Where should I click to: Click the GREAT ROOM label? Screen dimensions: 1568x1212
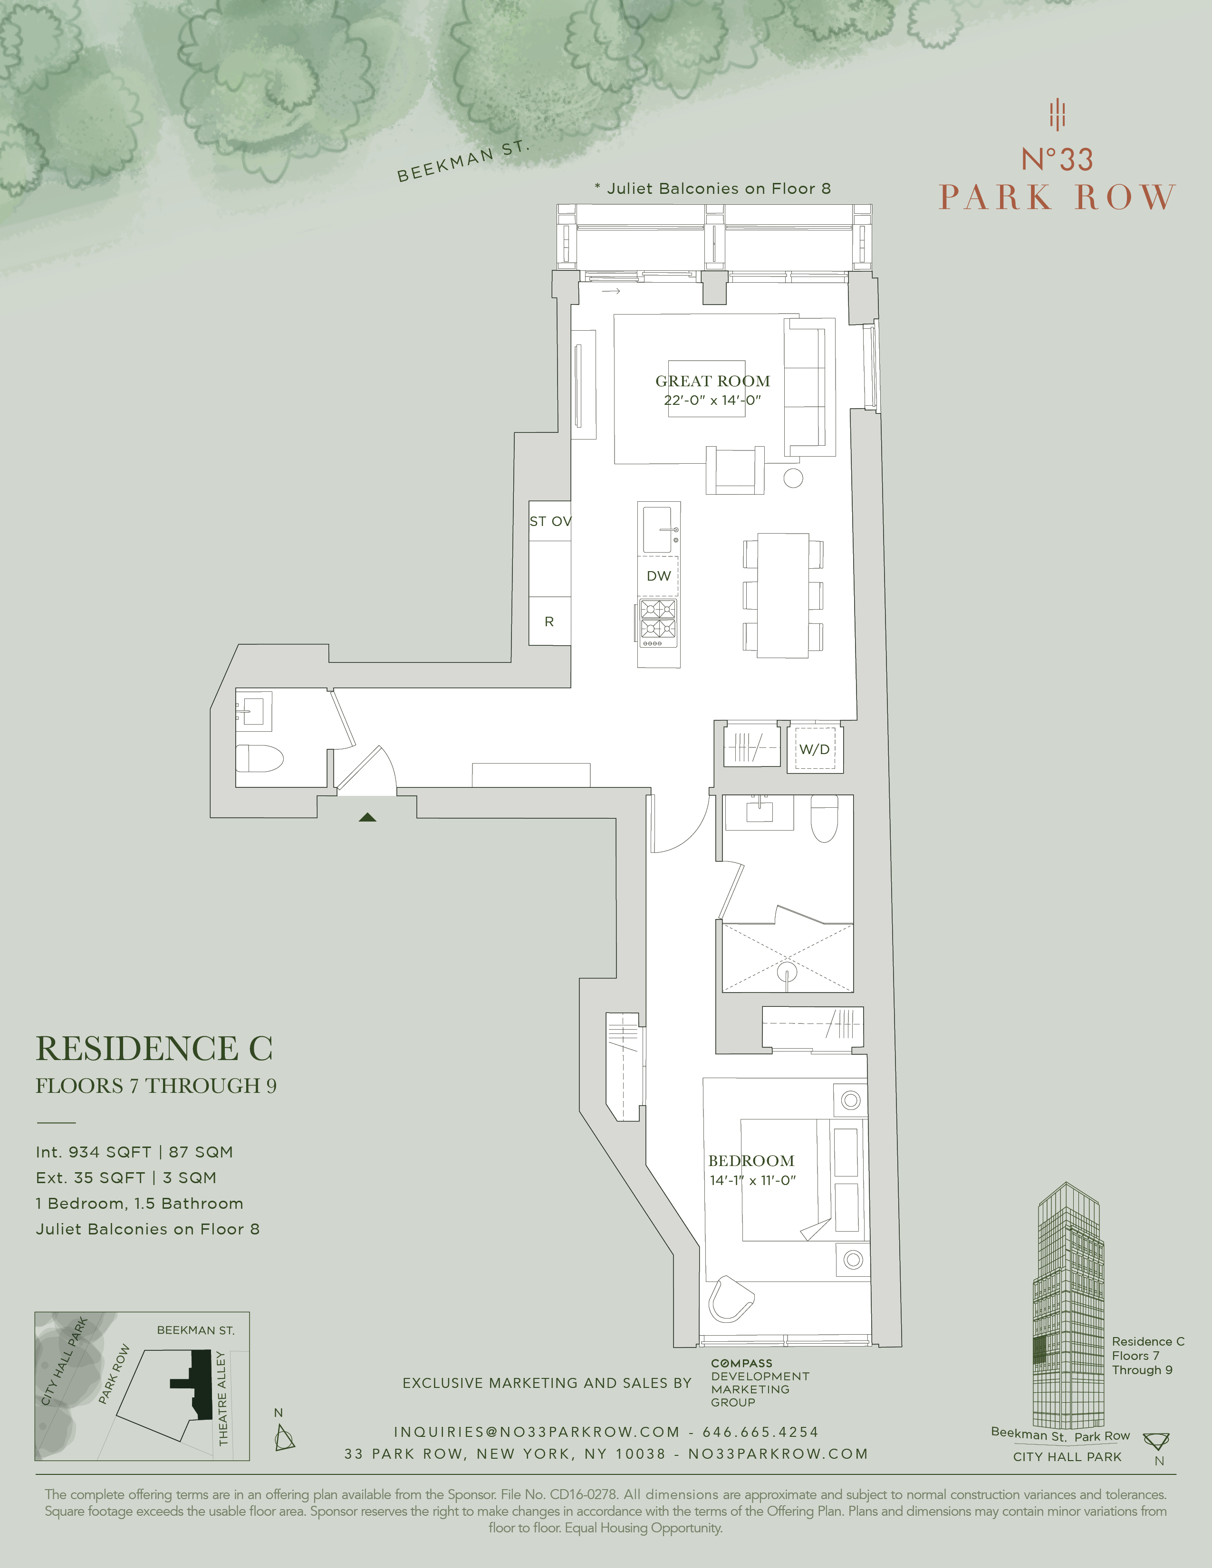click(x=712, y=381)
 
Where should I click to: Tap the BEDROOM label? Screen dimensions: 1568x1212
click(x=751, y=1161)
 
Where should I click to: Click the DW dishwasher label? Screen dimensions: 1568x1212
click(x=658, y=576)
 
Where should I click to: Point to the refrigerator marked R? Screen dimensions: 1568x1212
click(x=549, y=622)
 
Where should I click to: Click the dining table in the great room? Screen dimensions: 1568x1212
click(x=783, y=595)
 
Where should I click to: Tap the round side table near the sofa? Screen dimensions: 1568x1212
click(x=793, y=478)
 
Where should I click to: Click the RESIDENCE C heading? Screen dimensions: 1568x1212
click(x=154, y=1049)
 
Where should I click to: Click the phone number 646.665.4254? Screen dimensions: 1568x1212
click(x=760, y=1432)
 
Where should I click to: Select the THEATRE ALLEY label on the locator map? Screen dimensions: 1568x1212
click(x=222, y=1398)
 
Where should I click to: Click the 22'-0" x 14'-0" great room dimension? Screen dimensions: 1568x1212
click(x=712, y=401)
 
